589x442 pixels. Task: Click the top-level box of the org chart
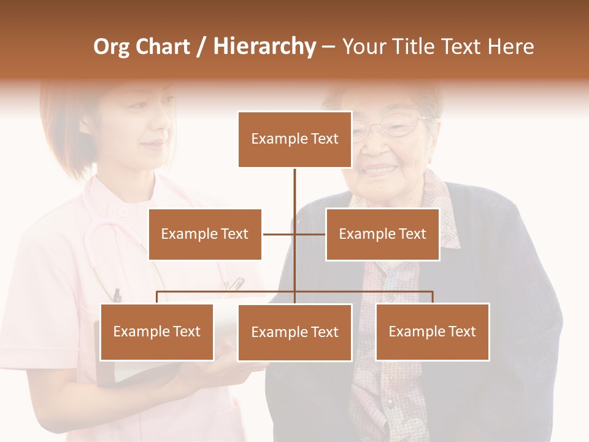294,139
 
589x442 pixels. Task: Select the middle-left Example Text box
205,234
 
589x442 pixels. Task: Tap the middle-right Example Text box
382,234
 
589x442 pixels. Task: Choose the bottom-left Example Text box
157,331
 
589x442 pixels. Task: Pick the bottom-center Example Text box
294,332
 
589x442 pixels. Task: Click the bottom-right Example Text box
432,331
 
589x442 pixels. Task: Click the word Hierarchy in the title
264,47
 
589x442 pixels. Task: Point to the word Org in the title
111,47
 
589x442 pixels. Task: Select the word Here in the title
510,47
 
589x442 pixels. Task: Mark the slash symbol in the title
201,47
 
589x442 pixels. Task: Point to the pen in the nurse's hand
236,284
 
